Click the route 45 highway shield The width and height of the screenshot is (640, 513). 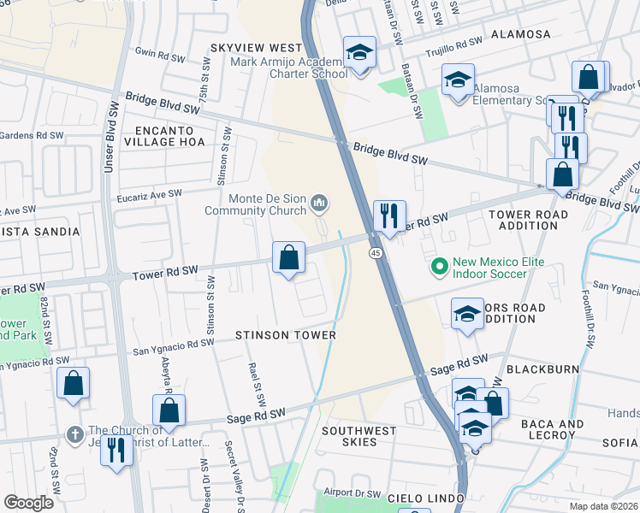[x=376, y=253]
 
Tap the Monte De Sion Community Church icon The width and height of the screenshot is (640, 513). [x=320, y=203]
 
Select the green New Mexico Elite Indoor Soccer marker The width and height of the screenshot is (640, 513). [x=440, y=267]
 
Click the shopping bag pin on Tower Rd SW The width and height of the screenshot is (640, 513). [x=289, y=256]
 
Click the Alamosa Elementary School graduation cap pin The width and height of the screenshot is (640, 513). [x=458, y=81]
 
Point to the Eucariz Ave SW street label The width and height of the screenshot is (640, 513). [x=150, y=195]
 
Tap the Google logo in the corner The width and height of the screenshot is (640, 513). [x=28, y=503]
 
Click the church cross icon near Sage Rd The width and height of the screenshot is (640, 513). [x=75, y=433]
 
